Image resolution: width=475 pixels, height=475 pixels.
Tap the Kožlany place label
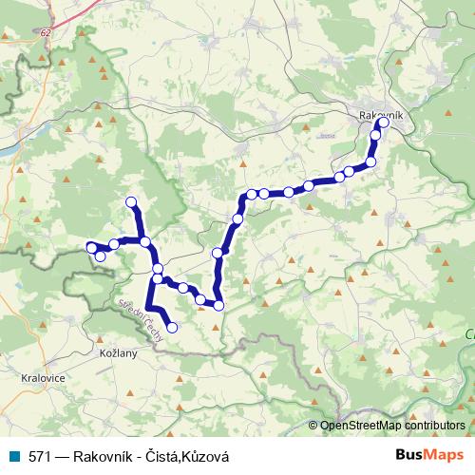coord(118,352)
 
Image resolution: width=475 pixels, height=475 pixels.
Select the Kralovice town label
coord(39,377)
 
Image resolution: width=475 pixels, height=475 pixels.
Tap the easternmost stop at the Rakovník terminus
coord(384,123)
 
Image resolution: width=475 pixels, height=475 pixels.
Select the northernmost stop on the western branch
coord(132,201)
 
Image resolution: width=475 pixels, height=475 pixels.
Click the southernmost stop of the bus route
coord(172,328)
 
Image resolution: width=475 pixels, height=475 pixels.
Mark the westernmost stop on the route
coord(92,248)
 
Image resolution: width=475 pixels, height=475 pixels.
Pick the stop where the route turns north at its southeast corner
coord(218,305)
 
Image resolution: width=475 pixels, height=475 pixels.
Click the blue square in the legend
coord(13,456)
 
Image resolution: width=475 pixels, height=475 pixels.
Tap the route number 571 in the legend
coord(39,456)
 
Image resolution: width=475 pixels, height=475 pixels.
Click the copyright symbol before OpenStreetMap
coord(313,426)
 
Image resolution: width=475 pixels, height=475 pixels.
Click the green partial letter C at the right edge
coord(470,334)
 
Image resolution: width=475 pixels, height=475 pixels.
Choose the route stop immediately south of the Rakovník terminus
coord(376,135)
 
